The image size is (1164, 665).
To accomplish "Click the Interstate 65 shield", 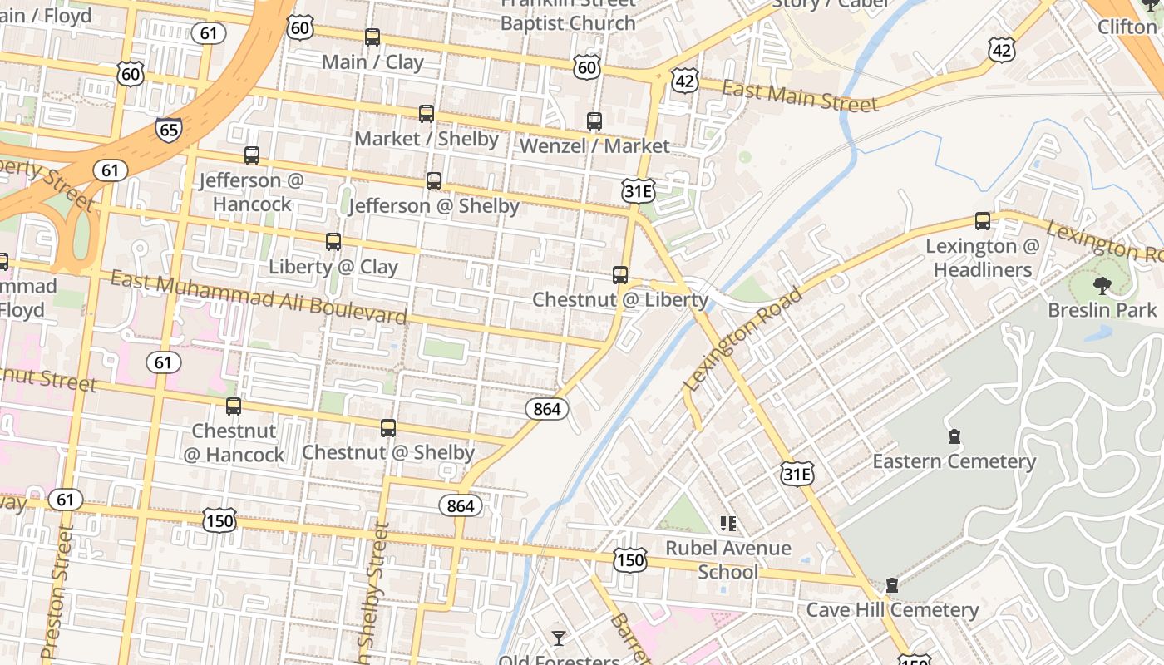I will coord(168,129).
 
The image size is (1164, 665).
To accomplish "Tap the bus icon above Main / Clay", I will coord(372,37).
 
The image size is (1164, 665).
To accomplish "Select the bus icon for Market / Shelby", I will coord(427,114).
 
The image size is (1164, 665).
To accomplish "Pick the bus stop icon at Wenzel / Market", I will coord(594,121).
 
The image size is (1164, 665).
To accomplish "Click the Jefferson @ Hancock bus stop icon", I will coord(252,155).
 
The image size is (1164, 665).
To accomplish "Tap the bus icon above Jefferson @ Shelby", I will coord(434,181).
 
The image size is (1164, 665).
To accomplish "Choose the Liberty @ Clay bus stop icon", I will coord(333,242).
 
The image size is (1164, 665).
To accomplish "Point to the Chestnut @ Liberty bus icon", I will coord(620,275).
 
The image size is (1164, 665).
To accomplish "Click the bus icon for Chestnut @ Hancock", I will coord(234,406).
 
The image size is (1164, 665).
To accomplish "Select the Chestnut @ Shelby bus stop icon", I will coord(388,428).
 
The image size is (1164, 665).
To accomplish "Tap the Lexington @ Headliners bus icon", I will coord(983,221).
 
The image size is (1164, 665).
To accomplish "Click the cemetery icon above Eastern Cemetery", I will coord(954,436).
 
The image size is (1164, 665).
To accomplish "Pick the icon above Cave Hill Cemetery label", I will coord(892,585).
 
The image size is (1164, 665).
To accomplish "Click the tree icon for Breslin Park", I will coord(1102,286).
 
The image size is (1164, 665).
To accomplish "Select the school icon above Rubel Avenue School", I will coord(728,524).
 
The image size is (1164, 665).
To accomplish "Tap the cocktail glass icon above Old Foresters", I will coord(559,638).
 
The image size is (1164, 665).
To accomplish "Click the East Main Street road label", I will coord(800,96).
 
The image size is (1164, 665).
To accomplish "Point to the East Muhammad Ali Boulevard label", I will coord(259,297).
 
